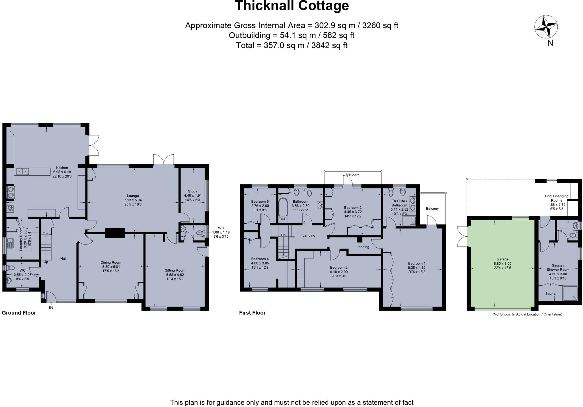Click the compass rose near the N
coord(546,27)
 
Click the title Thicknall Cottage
coord(292,6)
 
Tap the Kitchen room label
coord(62,168)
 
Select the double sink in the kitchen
coord(22,171)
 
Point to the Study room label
coord(192,191)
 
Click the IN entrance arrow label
coord(51,308)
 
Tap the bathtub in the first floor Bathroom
coord(283,208)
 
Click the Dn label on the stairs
coord(283,235)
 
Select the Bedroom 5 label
coord(260,202)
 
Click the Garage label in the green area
coord(502,259)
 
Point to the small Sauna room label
coord(550,293)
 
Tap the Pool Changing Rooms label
coord(557,198)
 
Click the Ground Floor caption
coord(19,313)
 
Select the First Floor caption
coord(252,313)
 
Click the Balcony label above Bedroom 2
coord(352,174)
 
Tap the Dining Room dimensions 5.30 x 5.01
coord(111,267)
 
